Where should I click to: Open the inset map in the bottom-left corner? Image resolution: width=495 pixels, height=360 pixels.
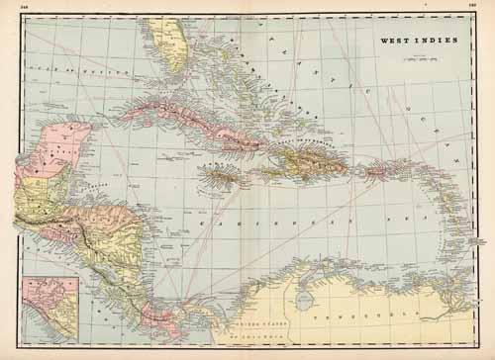click(x=50, y=308)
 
